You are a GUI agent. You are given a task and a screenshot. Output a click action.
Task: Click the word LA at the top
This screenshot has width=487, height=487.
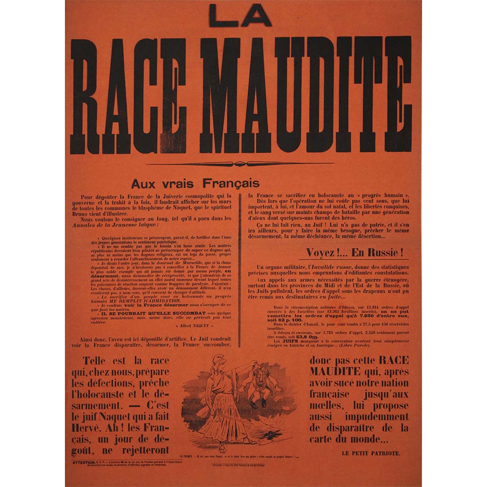pos(240,16)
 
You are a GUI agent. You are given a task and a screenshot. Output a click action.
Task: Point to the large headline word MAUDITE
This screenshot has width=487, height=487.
pos(306,95)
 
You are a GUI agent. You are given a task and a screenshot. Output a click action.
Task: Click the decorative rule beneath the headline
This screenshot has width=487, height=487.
pos(240,164)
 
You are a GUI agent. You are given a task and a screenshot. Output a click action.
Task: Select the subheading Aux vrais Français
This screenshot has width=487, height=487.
pos(195,184)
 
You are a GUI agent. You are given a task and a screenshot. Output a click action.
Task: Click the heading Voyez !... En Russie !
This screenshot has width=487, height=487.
pos(354,253)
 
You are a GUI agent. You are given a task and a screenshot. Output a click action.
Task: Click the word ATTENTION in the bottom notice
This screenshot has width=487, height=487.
pos(84,463)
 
